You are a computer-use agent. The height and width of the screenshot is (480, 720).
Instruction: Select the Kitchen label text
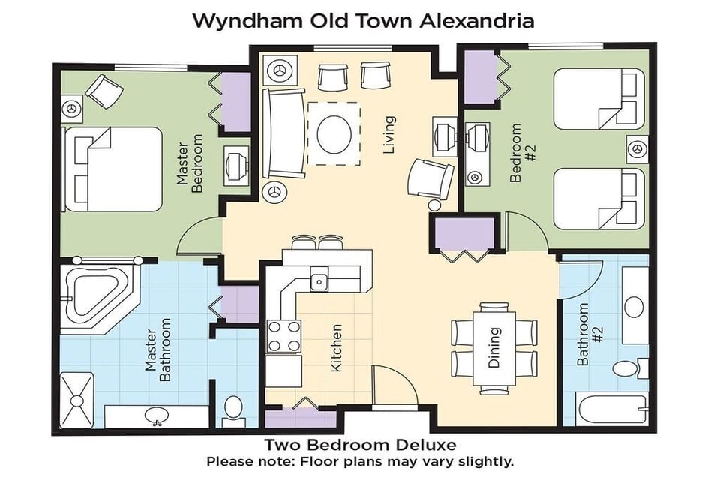[337, 348]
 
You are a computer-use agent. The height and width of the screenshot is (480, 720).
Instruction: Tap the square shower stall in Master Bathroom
[77, 400]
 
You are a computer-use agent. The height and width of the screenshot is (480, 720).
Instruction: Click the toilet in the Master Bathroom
[234, 407]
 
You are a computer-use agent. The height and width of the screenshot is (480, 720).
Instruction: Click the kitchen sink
[319, 281]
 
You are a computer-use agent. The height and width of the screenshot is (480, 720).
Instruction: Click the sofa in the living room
[283, 133]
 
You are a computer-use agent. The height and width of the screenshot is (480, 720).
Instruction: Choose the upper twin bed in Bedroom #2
[598, 99]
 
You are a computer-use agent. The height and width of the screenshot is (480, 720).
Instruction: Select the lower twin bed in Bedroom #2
[598, 198]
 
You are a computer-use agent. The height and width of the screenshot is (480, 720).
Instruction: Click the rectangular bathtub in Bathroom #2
[610, 410]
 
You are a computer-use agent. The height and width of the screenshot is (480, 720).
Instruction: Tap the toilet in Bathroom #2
[627, 368]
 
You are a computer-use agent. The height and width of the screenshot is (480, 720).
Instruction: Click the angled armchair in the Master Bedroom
[103, 91]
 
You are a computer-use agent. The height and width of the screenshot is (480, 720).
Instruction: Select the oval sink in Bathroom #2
[634, 307]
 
